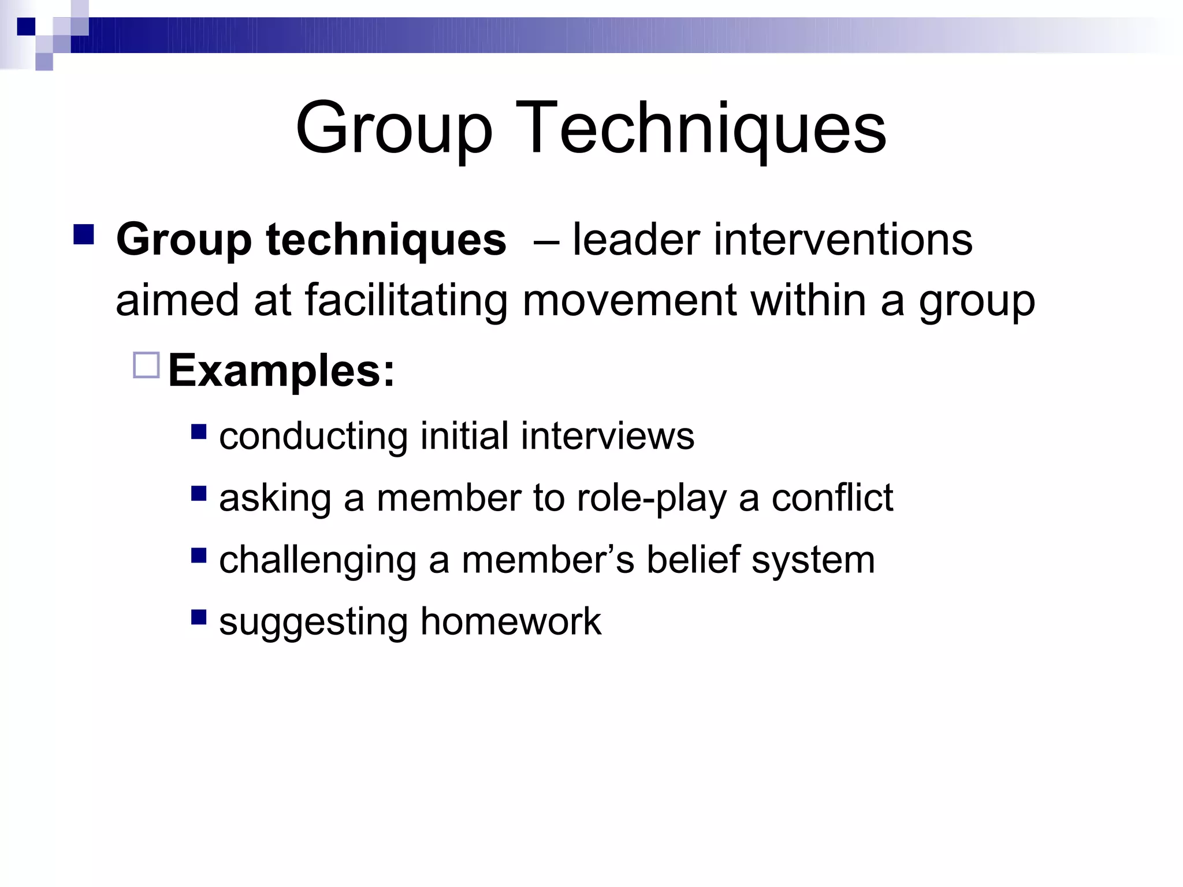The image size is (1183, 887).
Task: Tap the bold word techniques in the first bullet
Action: click(386, 240)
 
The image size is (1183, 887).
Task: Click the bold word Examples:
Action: click(281, 370)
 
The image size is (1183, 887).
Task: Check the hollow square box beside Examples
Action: click(146, 365)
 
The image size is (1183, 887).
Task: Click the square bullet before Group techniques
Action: click(84, 234)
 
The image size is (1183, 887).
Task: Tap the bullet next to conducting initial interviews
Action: click(199, 432)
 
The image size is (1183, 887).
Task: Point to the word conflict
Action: click(832, 498)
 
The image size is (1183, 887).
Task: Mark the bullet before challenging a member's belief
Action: click(199, 556)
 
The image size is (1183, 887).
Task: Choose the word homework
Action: click(511, 622)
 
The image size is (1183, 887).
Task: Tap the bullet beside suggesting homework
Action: click(199, 617)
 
